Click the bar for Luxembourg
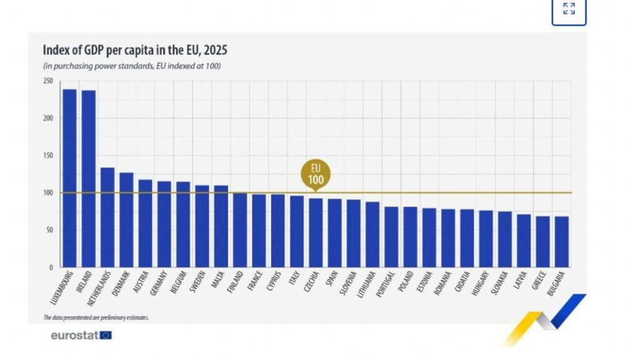[69, 178]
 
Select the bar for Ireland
[89, 179]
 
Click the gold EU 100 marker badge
[316, 173]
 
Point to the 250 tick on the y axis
[48, 81]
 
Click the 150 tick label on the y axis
[48, 156]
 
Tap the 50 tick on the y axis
[49, 230]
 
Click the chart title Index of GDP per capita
[134, 50]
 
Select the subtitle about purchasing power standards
[131, 66]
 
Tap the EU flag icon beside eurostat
[106, 336]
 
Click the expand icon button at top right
[569, 9]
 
